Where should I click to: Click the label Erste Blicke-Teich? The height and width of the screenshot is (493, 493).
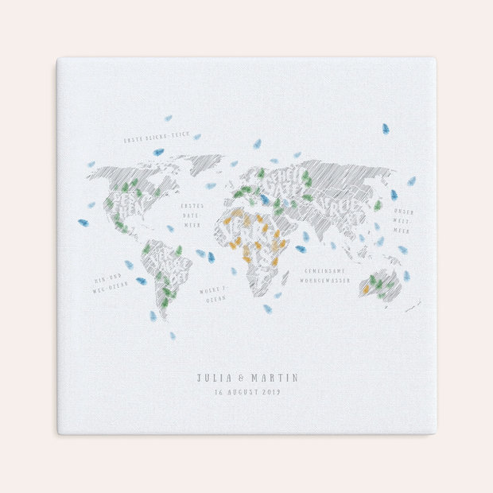point(154,140)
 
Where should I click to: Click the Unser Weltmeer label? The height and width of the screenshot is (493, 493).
point(404,221)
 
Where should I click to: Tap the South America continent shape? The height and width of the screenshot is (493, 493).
point(166,274)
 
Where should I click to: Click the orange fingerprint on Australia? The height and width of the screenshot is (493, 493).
point(366,289)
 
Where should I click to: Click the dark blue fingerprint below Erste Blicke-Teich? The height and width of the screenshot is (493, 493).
point(158,152)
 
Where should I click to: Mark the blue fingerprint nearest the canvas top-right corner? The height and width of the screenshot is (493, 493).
point(386,128)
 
